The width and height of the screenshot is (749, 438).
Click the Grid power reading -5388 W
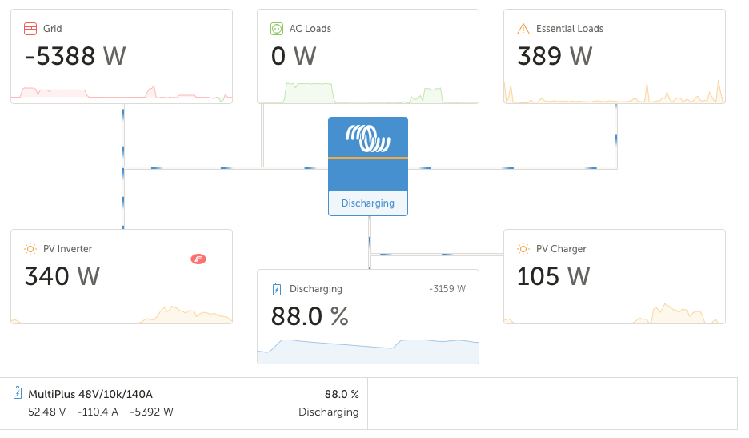(75, 56)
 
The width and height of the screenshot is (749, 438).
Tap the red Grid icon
(30, 29)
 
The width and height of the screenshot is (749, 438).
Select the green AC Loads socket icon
(277, 29)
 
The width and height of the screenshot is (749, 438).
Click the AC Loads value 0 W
(294, 56)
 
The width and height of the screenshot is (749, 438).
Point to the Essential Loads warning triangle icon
(523, 29)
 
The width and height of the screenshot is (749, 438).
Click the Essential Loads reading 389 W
(555, 56)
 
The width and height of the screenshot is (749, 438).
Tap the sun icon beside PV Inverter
(30, 249)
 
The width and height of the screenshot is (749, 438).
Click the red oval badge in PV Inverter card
(198, 259)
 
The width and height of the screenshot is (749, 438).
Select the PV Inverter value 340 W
(62, 276)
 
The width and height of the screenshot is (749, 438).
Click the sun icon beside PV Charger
(523, 249)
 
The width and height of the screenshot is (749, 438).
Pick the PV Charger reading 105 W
(553, 276)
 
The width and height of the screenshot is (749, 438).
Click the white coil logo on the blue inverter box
(368, 139)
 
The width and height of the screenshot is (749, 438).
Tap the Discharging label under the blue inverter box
(368, 203)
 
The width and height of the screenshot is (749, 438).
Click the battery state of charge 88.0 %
(310, 316)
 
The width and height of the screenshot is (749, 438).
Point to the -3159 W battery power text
(447, 289)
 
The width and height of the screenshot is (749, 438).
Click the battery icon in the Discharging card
(277, 289)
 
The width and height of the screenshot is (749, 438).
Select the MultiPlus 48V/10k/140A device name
(90, 394)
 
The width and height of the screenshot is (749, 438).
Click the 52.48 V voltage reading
(46, 412)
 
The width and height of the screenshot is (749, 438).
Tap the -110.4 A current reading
(98, 412)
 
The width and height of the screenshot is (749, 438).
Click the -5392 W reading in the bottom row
(151, 412)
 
